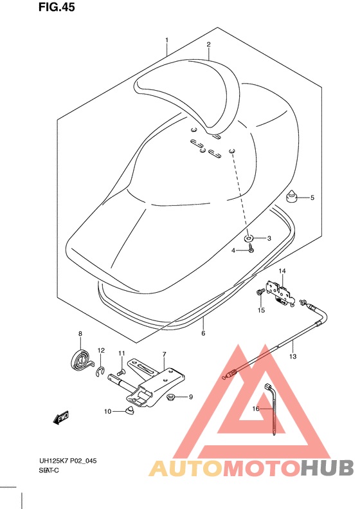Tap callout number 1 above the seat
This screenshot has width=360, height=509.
[x=166, y=41]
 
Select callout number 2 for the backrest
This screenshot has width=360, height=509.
[x=209, y=44]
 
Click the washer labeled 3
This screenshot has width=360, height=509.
[x=249, y=239]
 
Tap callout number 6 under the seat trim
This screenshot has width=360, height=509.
[x=203, y=333]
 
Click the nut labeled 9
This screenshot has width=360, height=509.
[x=172, y=397]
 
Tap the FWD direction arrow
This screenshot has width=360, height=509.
[x=62, y=419]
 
